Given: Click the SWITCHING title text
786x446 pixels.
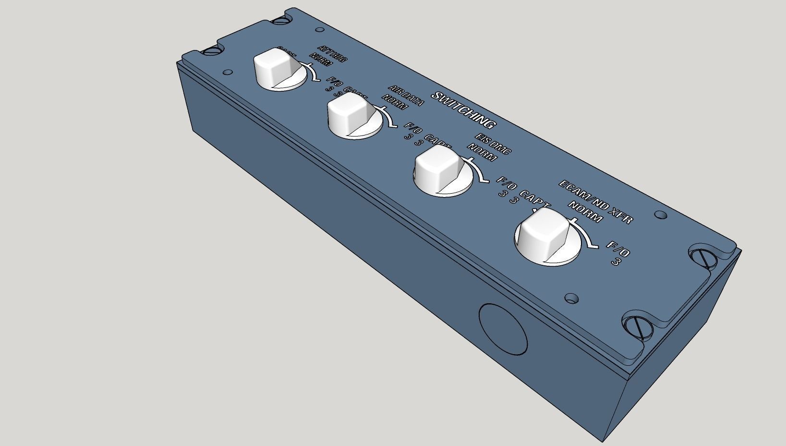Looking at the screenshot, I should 463,110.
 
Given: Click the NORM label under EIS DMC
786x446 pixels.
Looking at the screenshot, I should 482,153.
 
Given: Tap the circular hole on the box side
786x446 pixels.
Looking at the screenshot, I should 502,330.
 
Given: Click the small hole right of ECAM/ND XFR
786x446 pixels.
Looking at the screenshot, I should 661,215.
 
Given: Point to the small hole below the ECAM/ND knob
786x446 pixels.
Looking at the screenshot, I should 571,298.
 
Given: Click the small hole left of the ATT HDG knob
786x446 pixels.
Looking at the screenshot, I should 229,73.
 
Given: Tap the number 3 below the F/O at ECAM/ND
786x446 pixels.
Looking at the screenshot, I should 615,262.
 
